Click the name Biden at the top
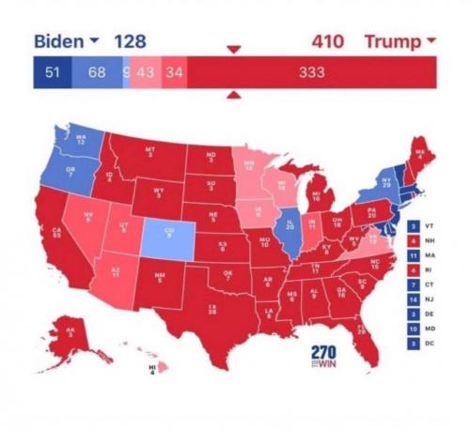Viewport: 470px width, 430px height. point(58,42)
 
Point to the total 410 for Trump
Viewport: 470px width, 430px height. point(327,42)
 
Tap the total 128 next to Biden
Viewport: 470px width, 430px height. point(131,42)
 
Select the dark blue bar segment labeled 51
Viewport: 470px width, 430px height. point(54,71)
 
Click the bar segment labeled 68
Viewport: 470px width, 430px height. point(97,71)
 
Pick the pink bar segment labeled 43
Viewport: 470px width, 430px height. point(145,71)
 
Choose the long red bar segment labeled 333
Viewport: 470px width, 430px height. point(312,71)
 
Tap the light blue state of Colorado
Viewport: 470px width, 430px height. point(169,232)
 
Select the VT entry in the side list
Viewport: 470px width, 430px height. point(418,226)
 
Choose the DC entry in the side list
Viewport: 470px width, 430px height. point(418,345)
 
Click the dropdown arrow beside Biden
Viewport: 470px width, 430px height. point(94,42)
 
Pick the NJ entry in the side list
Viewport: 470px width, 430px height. point(418,299)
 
